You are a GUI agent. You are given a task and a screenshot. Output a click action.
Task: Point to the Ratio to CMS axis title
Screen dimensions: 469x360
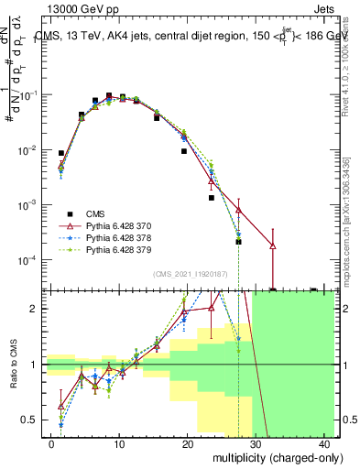pyautogui.click(x=15, y=365)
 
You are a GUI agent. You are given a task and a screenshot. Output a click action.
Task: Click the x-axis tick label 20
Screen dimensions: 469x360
pyautogui.click(x=187, y=444)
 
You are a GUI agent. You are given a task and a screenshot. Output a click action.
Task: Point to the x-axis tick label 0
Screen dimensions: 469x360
pyautogui.click(x=51, y=444)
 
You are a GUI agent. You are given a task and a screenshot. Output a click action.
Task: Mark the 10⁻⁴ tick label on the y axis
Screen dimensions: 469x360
pyautogui.click(x=29, y=260)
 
